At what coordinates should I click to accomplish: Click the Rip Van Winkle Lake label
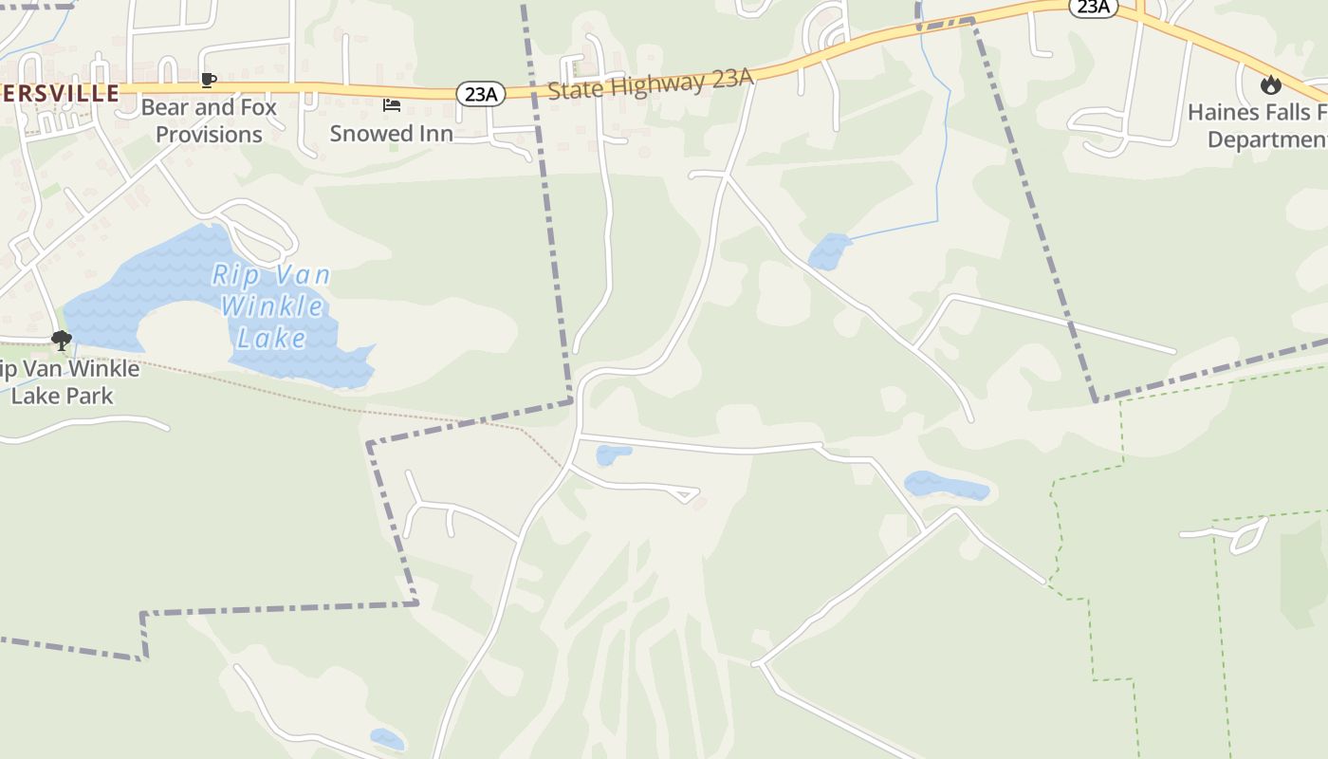click(271, 306)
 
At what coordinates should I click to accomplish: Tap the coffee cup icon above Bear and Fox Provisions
click(209, 80)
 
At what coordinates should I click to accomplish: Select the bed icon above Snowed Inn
click(392, 104)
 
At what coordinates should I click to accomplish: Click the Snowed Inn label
click(392, 134)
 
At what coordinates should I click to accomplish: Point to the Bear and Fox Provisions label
click(209, 120)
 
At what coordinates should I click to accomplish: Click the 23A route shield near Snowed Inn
click(481, 93)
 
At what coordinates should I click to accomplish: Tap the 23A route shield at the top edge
click(1093, 7)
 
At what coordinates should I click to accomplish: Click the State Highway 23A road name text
click(651, 84)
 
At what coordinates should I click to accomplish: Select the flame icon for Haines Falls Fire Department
click(1270, 85)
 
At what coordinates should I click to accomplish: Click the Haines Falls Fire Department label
click(1258, 125)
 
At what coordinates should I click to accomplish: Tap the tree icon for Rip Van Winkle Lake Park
click(62, 340)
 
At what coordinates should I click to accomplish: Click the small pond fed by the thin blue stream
click(828, 251)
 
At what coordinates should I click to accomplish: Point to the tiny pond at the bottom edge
click(387, 738)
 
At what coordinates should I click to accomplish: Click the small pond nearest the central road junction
click(612, 455)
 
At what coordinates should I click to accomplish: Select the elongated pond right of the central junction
click(947, 486)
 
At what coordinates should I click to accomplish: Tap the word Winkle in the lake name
click(272, 306)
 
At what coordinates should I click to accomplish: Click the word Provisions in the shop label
click(209, 135)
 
